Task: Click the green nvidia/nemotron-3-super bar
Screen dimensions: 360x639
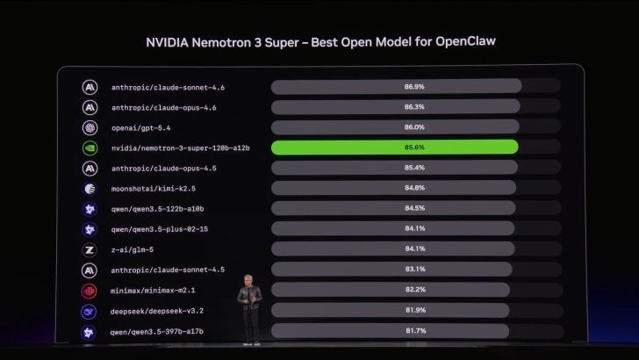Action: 395,148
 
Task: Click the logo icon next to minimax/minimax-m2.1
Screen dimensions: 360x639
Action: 90,291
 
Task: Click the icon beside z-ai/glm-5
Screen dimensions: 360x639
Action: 90,249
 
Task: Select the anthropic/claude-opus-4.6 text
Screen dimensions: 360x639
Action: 163,107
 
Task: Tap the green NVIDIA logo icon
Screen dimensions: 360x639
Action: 90,148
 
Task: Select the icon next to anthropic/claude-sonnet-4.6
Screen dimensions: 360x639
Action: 90,87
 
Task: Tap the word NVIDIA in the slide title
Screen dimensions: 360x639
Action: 170,41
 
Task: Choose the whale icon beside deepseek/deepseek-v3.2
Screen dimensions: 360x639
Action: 90,311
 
